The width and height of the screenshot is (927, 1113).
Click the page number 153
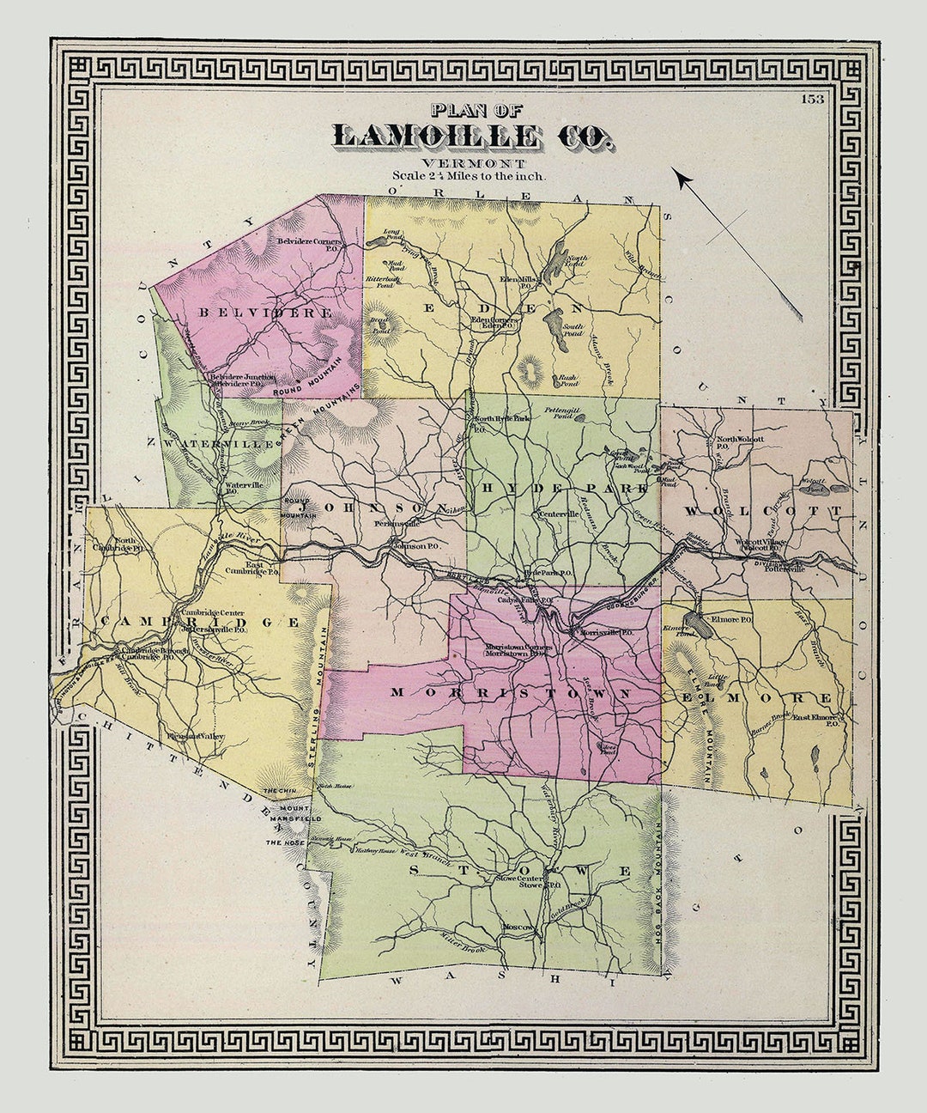[812, 99]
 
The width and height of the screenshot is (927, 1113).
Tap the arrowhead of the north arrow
[682, 179]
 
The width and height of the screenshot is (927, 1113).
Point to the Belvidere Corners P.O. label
[310, 242]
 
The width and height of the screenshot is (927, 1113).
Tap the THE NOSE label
[282, 844]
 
